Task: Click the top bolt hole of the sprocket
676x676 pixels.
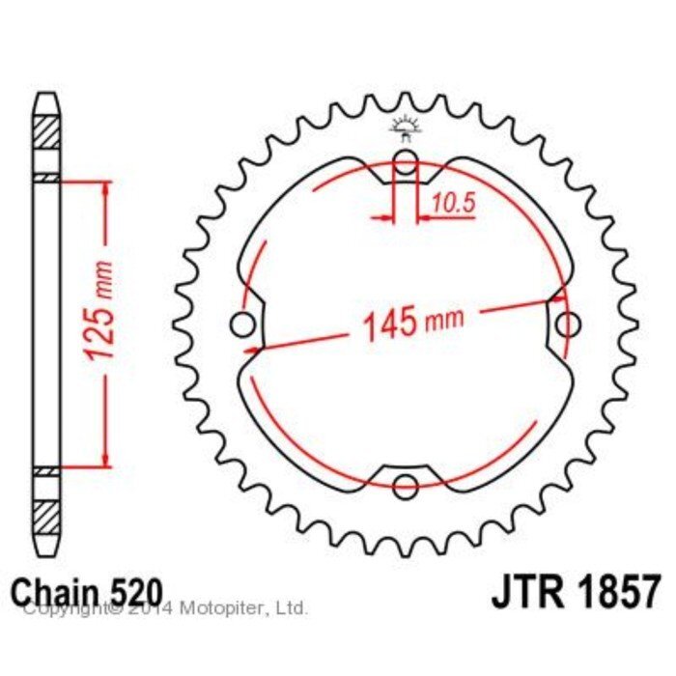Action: coord(406,162)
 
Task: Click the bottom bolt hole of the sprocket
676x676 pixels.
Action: coord(406,487)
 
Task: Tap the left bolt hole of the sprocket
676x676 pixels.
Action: coord(242,324)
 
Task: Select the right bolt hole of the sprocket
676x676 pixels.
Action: coord(568,324)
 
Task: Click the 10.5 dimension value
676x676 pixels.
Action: coord(453,203)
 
